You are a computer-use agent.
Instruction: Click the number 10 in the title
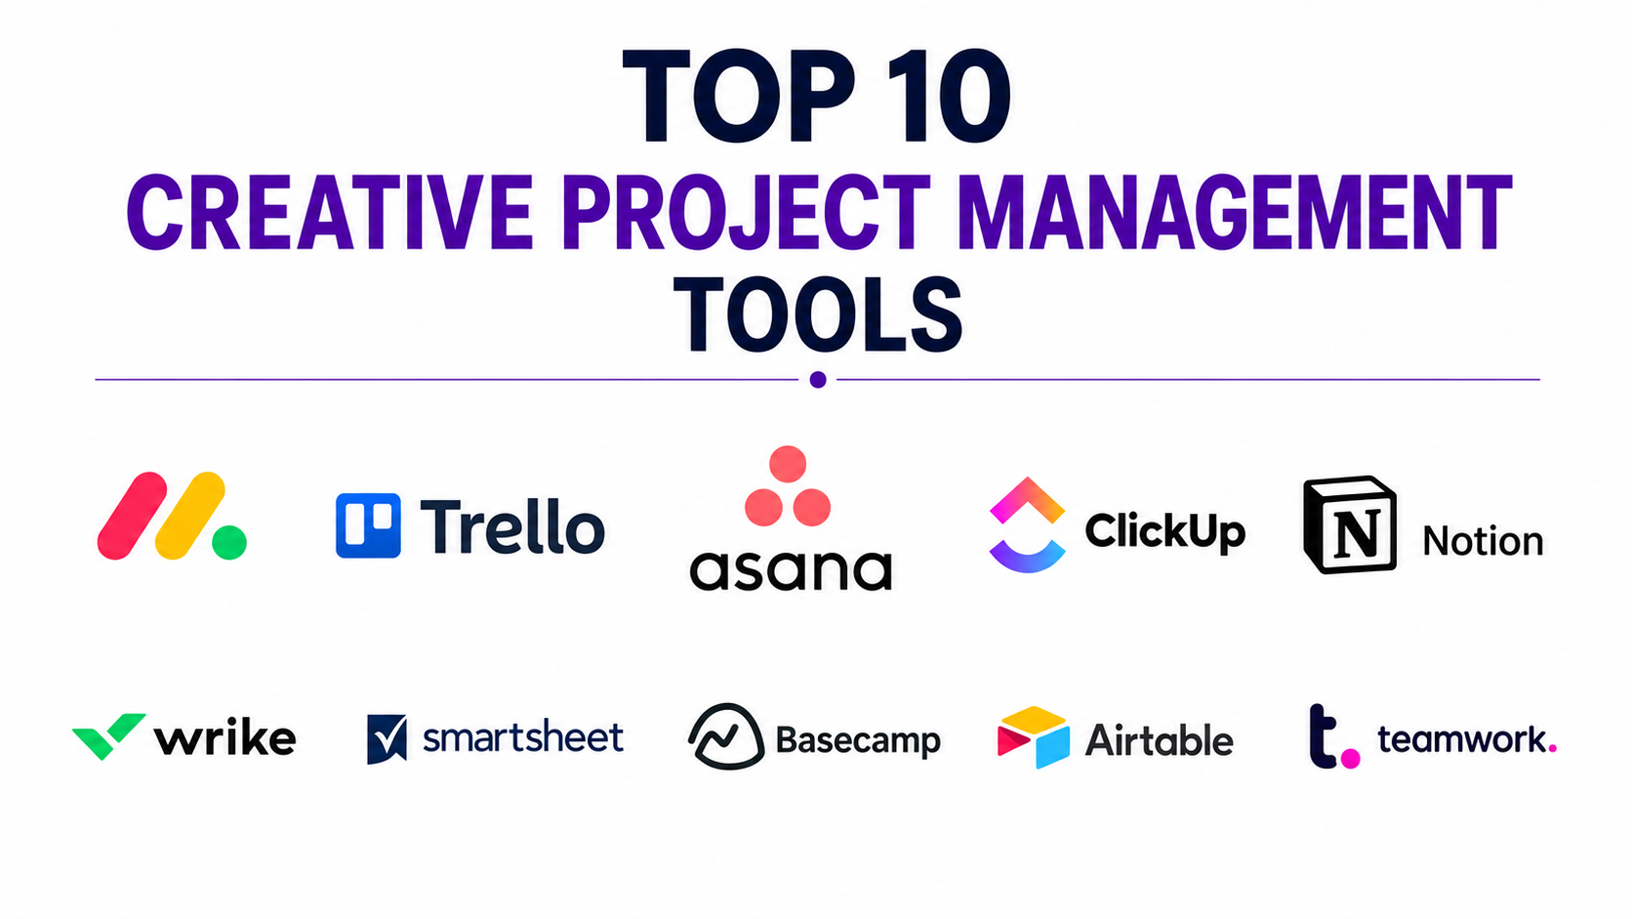coord(948,96)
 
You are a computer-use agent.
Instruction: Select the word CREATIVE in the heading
coord(329,213)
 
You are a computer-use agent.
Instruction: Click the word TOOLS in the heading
coord(817,314)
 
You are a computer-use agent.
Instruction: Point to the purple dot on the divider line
coord(817,380)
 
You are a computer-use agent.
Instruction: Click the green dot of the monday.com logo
coord(228,542)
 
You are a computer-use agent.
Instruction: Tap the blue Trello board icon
coord(368,525)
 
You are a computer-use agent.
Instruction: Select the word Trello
coord(512,526)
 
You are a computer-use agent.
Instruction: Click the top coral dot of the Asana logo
coord(788,464)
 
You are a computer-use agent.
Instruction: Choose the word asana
coord(791,570)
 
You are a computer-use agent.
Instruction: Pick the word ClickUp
coord(1165,531)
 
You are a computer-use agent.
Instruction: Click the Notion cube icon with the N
coord(1349,524)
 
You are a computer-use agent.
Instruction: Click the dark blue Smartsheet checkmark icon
coord(387,738)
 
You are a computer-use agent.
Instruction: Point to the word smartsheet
coord(523,736)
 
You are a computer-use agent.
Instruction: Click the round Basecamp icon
coord(725,736)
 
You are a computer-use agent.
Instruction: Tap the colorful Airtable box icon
coord(1033,736)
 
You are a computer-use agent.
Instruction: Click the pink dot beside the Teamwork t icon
coord(1350,759)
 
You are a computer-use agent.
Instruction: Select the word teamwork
coord(1466,739)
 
